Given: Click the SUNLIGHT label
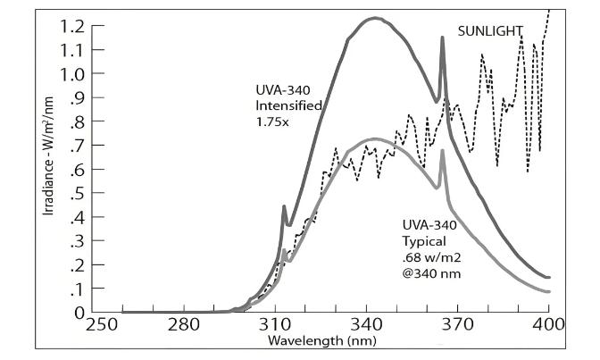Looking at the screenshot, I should coord(490,30).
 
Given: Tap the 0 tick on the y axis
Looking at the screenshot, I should coord(79,314).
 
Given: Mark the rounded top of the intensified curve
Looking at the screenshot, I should coord(375,18).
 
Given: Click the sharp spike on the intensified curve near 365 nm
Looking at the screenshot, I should coord(442,38).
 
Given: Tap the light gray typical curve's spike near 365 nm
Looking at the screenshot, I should coord(443,152).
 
